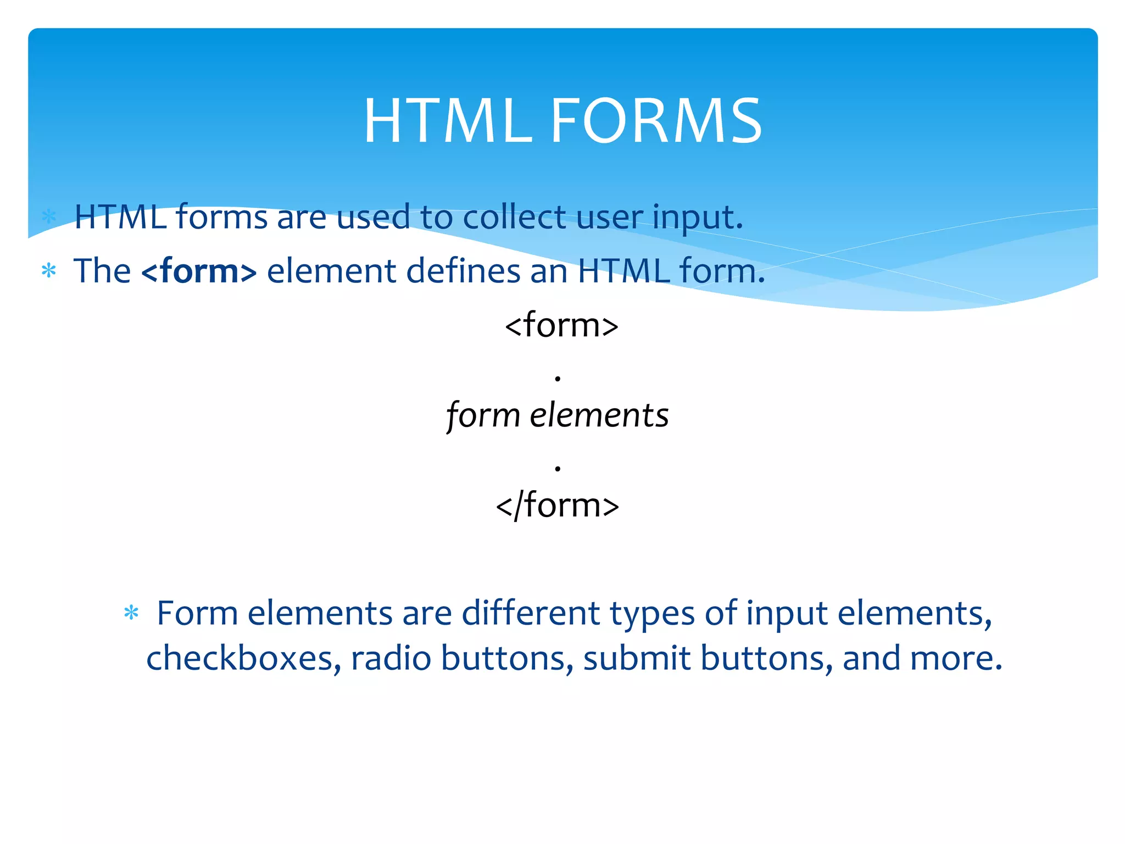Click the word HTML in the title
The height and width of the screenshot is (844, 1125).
coord(448,121)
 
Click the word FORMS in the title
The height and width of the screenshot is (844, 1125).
coord(656,121)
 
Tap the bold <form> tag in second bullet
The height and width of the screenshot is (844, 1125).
coord(199,271)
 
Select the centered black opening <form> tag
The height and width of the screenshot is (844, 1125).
coord(561,325)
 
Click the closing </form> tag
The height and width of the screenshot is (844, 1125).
coord(557,506)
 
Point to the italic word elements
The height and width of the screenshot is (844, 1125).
coord(599,415)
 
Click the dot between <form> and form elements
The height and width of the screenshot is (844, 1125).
coord(558,379)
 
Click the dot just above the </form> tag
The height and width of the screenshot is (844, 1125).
coord(558,468)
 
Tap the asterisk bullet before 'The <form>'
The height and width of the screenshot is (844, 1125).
coord(49,271)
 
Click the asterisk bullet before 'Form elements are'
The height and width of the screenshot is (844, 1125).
coord(131,613)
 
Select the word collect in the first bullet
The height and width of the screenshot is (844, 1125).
coord(514,217)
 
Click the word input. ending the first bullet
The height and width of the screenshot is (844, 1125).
coord(698,217)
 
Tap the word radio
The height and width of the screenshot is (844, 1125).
coord(391,658)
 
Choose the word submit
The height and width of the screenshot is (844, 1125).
coord(636,658)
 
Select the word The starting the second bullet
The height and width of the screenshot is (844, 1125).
coord(102,271)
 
